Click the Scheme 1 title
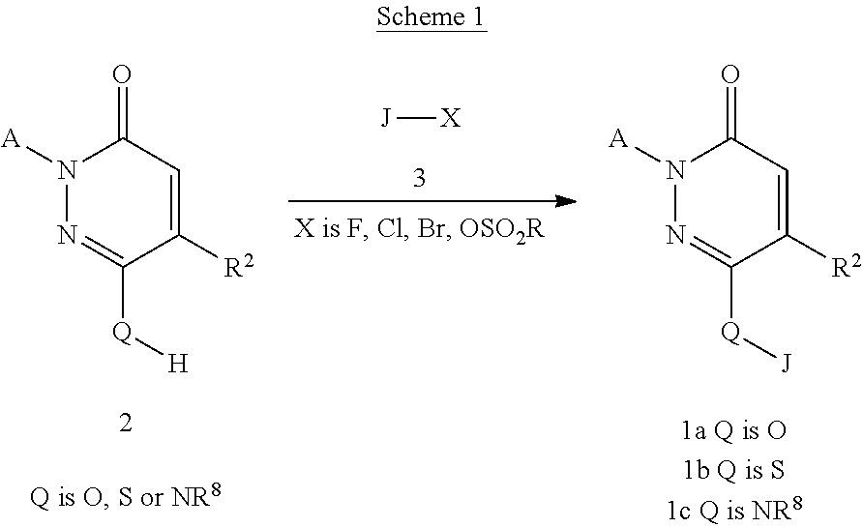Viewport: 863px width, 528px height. pyautogui.click(x=431, y=17)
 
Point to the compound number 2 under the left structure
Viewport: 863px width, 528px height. pyautogui.click(x=125, y=424)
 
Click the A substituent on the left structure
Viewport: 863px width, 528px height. pyautogui.click(x=13, y=141)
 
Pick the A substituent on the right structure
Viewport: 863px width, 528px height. pyautogui.click(x=620, y=141)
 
